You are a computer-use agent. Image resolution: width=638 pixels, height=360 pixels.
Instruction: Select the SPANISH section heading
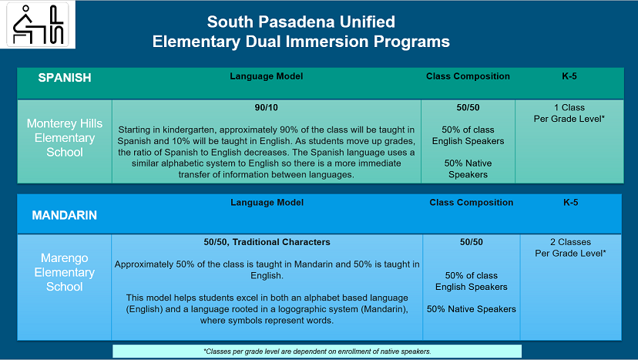point(65,77)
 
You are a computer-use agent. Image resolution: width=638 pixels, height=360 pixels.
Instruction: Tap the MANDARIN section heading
point(64,215)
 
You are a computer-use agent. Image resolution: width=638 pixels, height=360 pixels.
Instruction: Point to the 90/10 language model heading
point(267,108)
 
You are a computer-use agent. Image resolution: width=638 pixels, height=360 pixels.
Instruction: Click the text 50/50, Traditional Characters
point(267,242)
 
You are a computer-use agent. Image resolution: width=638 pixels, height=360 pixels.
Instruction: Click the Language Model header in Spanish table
point(267,76)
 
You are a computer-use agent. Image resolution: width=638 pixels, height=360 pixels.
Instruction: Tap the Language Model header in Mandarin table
point(267,202)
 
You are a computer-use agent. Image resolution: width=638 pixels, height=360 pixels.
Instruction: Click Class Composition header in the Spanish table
point(468,76)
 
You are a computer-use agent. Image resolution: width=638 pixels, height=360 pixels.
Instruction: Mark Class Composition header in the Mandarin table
point(471,202)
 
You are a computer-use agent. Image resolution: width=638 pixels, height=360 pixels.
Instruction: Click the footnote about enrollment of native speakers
point(317,351)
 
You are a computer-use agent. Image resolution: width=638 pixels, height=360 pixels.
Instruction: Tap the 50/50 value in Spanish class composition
point(468,108)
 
